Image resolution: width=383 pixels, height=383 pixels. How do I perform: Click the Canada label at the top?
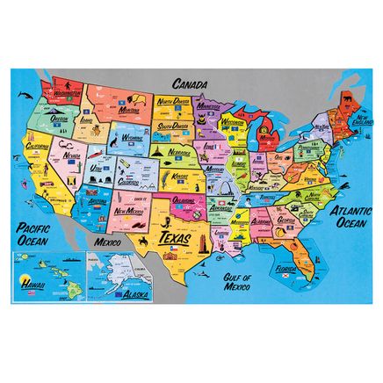click(190, 83)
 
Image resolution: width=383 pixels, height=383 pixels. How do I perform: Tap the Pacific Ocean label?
click(24, 235)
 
